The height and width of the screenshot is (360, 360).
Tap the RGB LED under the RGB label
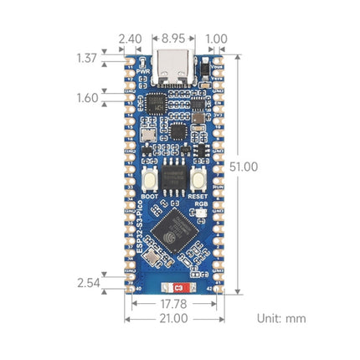(x=201, y=213)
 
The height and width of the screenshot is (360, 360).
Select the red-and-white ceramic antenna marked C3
(x=174, y=288)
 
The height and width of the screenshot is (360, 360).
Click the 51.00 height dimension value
(x=244, y=167)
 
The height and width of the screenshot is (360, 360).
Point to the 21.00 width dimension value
(x=174, y=319)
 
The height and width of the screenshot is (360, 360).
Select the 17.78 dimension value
(x=174, y=304)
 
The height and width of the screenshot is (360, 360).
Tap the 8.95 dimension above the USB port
(x=174, y=39)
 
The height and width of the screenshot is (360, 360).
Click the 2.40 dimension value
(x=130, y=39)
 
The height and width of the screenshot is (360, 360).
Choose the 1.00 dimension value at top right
(x=216, y=39)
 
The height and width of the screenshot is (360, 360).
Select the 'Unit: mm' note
(x=281, y=318)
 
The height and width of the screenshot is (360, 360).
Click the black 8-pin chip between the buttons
(x=174, y=180)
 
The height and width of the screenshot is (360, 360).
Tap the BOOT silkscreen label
(x=149, y=196)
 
